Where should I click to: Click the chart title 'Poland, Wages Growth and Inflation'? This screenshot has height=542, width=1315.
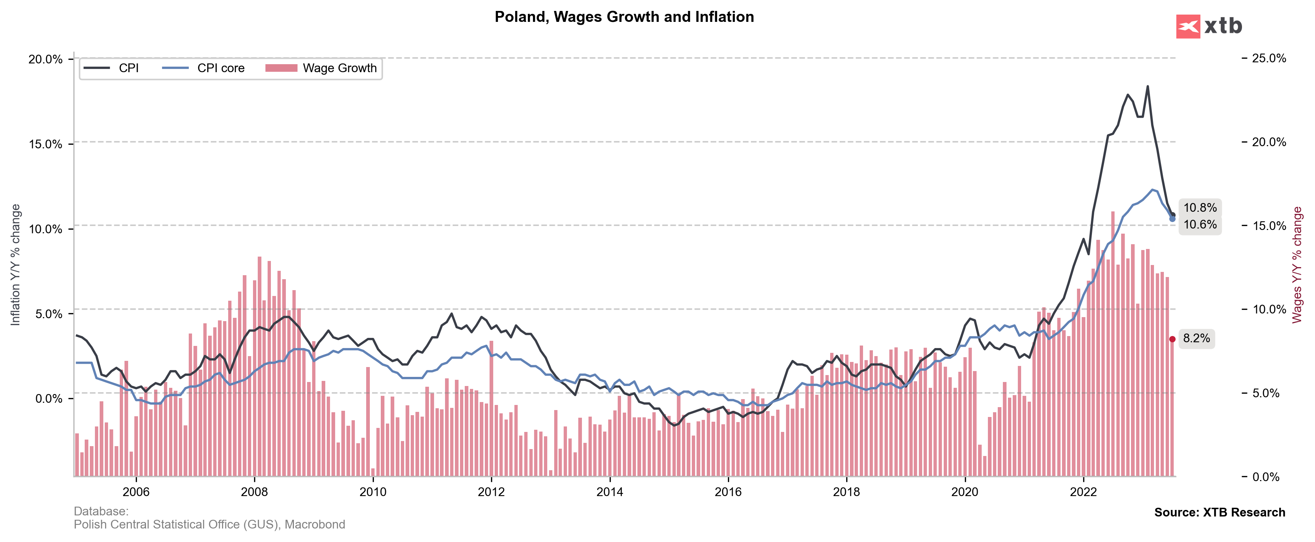[624, 17]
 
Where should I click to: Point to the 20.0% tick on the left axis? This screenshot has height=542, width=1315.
[45, 59]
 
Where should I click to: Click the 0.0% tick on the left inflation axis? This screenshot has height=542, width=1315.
[49, 398]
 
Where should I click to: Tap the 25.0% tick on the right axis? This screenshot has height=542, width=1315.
[1269, 58]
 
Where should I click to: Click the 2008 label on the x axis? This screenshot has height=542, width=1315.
[254, 492]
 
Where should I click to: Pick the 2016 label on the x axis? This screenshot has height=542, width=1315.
[728, 492]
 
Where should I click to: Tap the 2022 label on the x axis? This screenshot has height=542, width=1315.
[1083, 492]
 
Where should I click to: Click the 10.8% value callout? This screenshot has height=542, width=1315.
[1200, 207]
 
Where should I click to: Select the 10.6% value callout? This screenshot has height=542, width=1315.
[1200, 225]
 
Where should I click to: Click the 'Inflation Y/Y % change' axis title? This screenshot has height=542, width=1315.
[15, 265]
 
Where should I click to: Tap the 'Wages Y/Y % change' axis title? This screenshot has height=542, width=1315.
[1297, 265]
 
